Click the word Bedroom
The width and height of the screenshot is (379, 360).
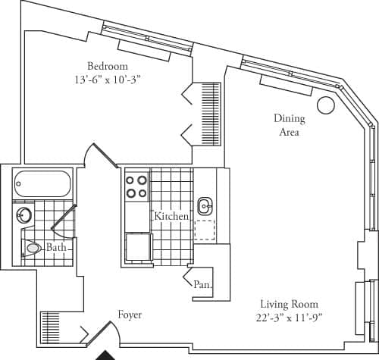tap(107, 64)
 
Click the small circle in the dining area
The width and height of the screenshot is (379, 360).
tap(325, 105)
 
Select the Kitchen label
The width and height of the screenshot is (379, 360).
tap(171, 217)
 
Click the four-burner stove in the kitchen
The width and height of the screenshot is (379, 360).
tap(136, 186)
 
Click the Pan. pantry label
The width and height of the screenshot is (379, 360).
tap(202, 286)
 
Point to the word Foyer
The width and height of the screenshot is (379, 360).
tap(130, 315)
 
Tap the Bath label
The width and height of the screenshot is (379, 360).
tap(56, 248)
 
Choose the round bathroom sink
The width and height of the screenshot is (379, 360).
tap(23, 215)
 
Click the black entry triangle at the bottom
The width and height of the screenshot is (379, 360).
tap(105, 355)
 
